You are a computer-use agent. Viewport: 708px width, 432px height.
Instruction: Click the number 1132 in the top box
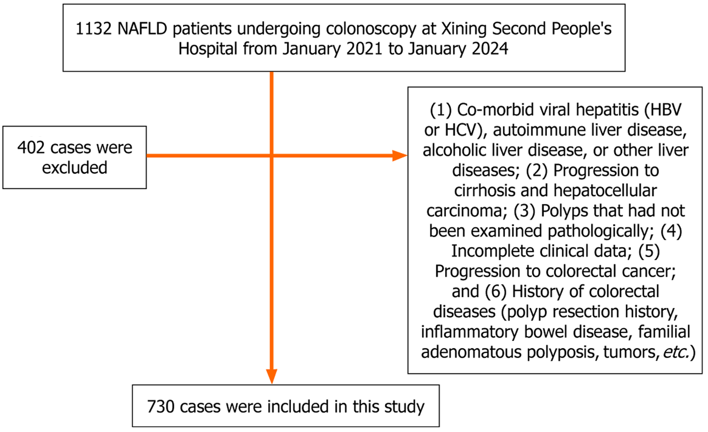pos(93,29)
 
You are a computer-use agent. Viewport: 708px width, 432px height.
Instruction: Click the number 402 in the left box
pos(31,148)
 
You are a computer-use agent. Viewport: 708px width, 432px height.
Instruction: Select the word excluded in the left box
pos(74,168)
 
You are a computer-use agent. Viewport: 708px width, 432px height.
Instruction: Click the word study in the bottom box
pos(405,407)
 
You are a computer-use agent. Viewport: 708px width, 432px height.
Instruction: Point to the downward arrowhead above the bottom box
pos(272,376)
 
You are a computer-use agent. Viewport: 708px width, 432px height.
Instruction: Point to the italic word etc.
pos(676,352)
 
